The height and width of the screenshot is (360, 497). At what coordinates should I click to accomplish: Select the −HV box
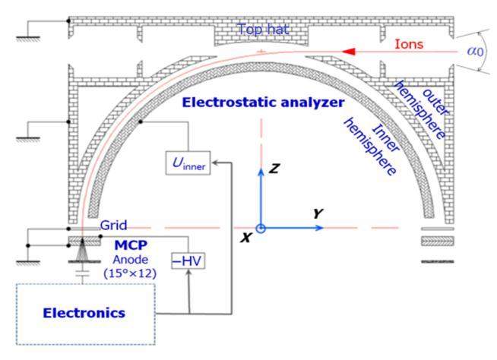point(189,261)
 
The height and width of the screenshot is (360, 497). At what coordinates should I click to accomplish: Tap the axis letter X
point(245,238)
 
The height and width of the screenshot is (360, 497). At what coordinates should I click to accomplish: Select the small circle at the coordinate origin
point(260,228)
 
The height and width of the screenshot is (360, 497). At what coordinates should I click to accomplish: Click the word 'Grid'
point(113,226)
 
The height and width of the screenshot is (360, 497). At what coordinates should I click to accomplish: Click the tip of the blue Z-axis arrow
point(260,166)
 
